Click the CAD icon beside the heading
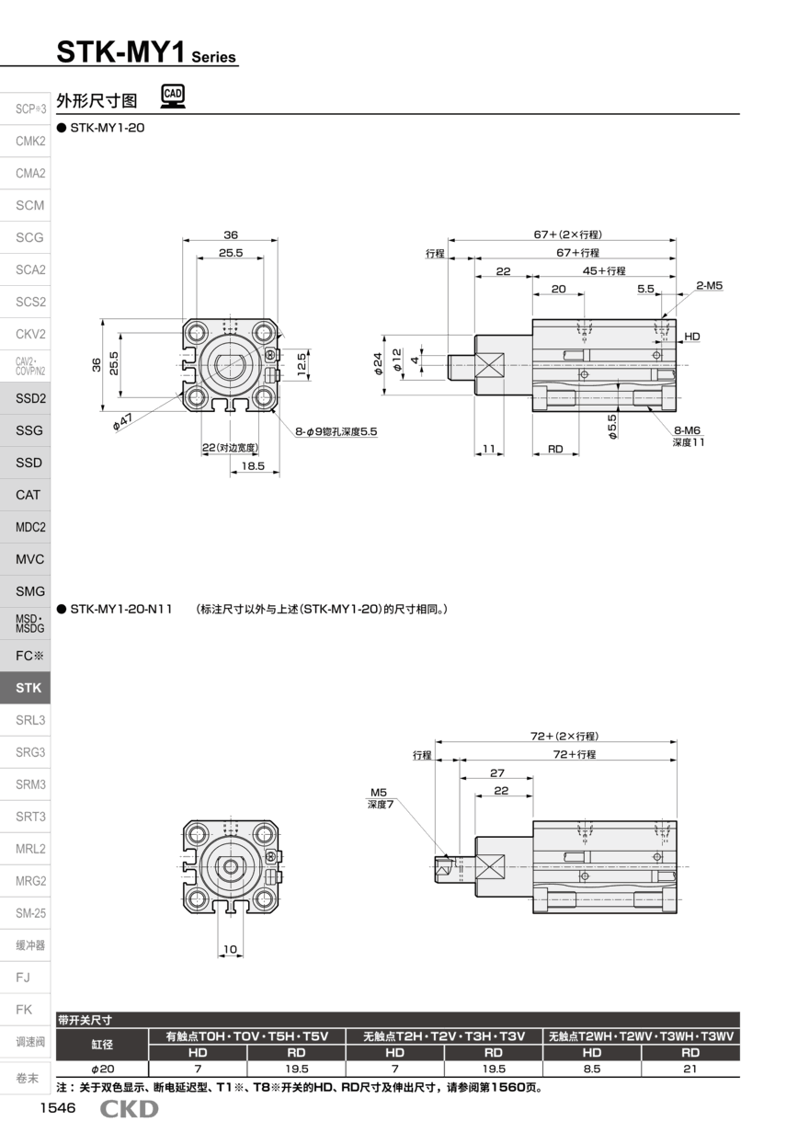(x=172, y=95)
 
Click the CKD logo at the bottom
(x=129, y=1109)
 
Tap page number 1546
(x=57, y=1108)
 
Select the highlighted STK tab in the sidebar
(x=28, y=688)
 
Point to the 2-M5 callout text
(x=709, y=286)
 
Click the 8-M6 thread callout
(x=687, y=429)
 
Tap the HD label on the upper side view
(x=691, y=337)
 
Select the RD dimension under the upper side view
(x=555, y=449)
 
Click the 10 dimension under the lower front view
(x=230, y=949)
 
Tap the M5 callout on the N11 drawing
(x=379, y=792)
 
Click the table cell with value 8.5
(x=592, y=1069)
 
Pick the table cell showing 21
(x=689, y=1069)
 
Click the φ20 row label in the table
(x=102, y=1069)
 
